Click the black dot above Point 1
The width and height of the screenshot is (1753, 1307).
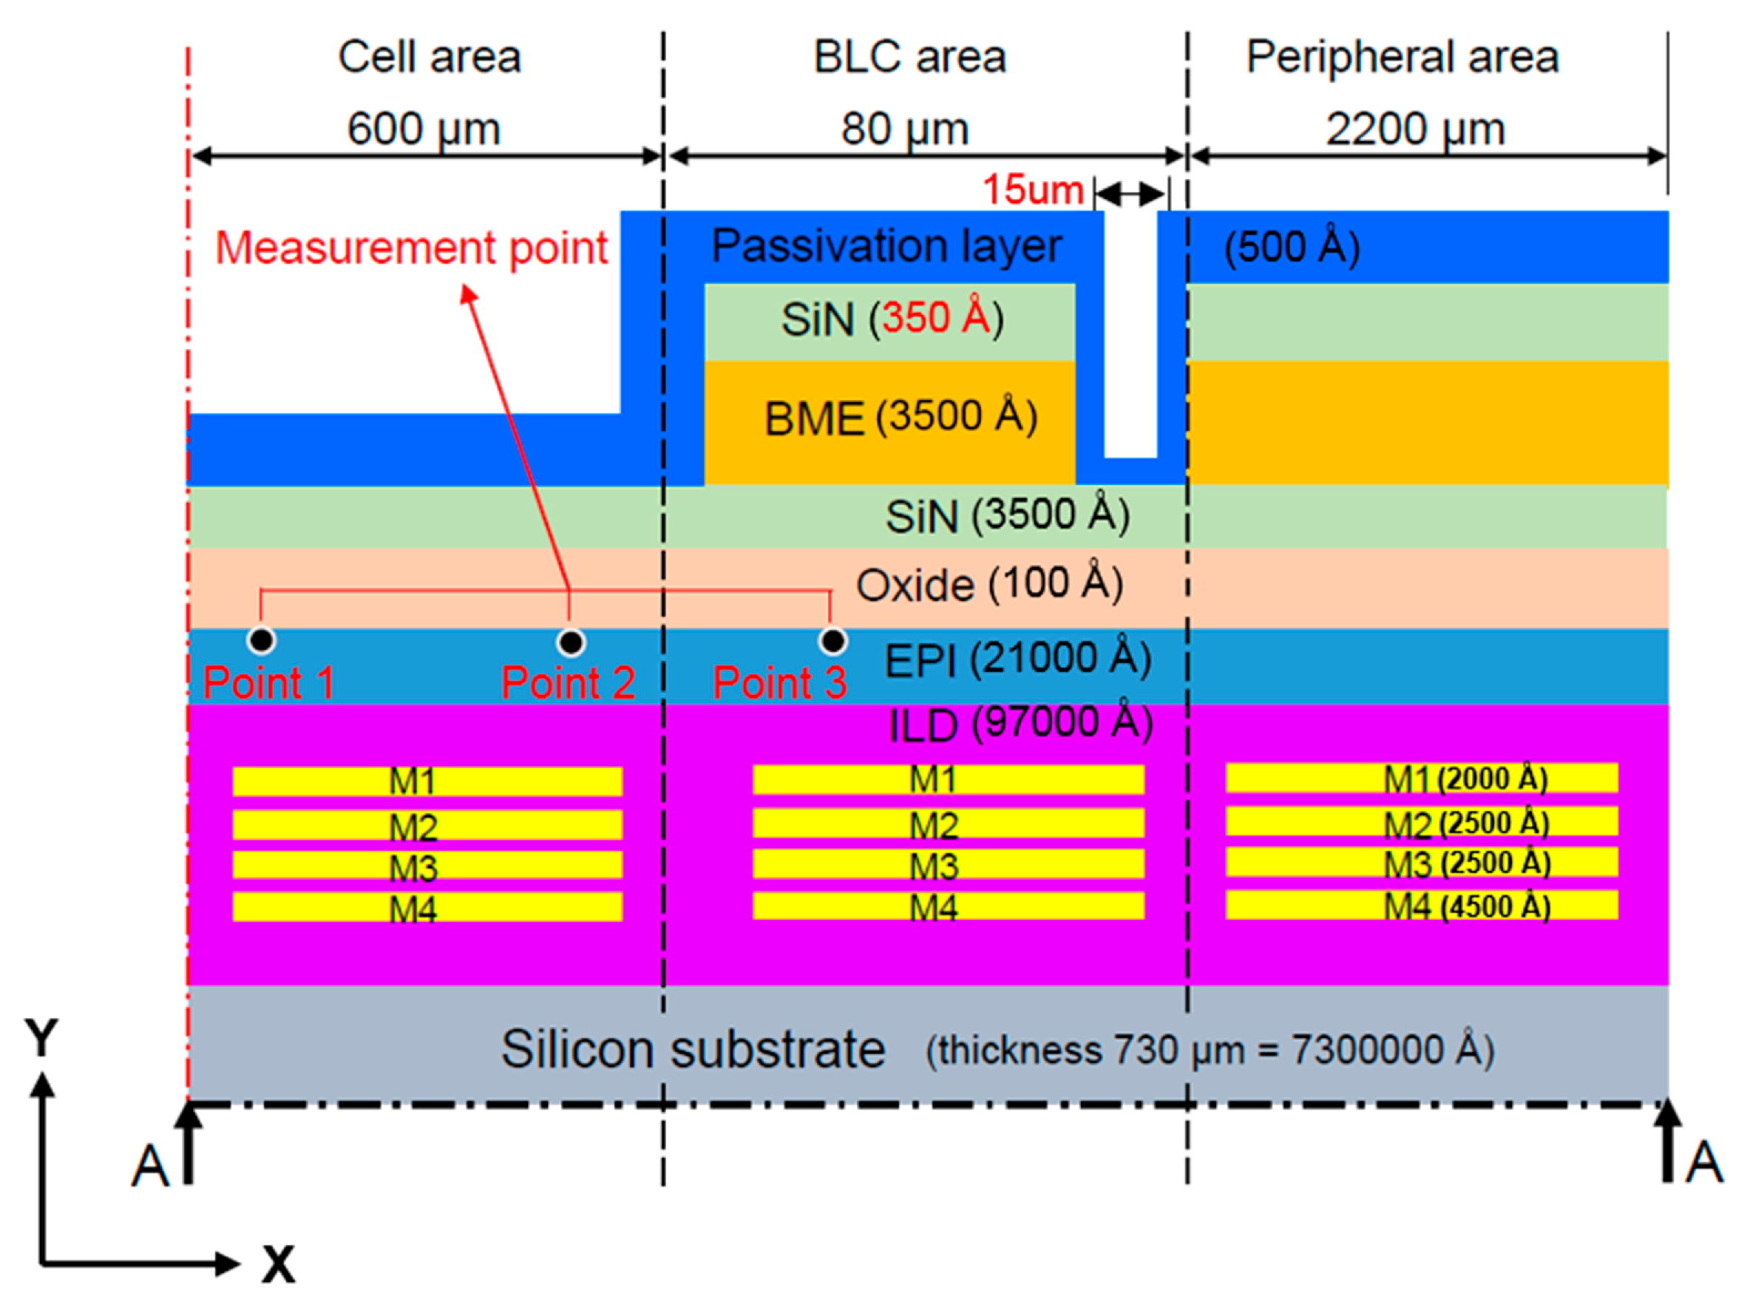click(261, 639)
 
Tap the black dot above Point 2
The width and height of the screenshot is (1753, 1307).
click(570, 642)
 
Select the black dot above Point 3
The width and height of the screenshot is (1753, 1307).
click(833, 640)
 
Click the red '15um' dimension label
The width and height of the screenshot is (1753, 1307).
click(1032, 190)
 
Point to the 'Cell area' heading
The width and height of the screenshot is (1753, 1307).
click(430, 57)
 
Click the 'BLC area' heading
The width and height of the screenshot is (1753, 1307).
click(909, 57)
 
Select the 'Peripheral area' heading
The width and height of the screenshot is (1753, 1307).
click(1403, 57)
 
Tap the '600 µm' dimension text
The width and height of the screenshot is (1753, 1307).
click(424, 128)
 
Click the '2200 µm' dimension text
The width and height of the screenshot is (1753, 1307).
click(1415, 128)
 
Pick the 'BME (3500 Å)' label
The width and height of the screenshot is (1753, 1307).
click(901, 417)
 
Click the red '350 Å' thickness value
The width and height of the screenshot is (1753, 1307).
click(936, 317)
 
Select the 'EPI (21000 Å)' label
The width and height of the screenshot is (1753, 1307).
click(1017, 659)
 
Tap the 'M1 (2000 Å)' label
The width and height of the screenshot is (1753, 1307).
click(1465, 779)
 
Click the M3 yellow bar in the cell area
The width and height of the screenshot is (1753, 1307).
click(427, 865)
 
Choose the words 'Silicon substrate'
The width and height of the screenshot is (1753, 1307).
click(693, 1050)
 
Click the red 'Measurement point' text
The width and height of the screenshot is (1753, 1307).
click(411, 248)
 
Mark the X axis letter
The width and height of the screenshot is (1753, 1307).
click(279, 1263)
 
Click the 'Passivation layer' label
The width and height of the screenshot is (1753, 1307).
click(886, 245)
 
